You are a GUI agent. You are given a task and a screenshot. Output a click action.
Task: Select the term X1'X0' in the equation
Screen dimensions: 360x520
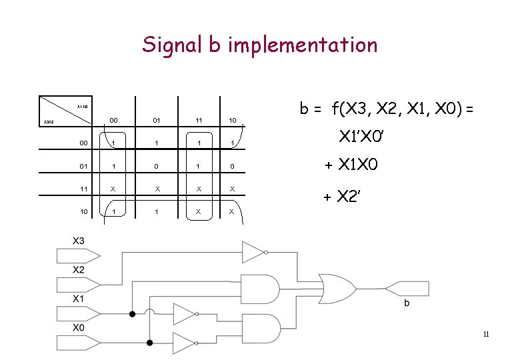click(361, 138)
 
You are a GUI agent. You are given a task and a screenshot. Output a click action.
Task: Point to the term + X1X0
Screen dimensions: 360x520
click(351, 165)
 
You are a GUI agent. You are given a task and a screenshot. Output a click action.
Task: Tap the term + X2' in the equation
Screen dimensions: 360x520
click(343, 196)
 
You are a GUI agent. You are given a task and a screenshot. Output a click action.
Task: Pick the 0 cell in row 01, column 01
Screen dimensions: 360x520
click(156, 166)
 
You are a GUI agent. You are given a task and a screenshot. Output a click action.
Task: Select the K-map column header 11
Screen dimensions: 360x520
click(199, 121)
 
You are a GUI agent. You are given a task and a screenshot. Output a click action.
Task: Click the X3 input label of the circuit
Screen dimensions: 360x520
click(79, 240)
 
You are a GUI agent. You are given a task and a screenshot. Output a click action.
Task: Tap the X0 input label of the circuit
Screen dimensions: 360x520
click(79, 327)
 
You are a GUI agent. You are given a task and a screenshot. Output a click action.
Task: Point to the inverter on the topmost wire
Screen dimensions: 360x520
click(254, 252)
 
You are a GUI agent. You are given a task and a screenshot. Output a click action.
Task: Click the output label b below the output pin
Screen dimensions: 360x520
click(407, 303)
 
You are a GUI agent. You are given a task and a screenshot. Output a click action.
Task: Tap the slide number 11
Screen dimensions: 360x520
click(486, 334)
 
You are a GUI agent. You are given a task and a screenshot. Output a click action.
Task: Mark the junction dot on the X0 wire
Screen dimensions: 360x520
click(150, 343)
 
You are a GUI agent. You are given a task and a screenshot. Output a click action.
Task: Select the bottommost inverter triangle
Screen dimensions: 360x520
click(184, 343)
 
